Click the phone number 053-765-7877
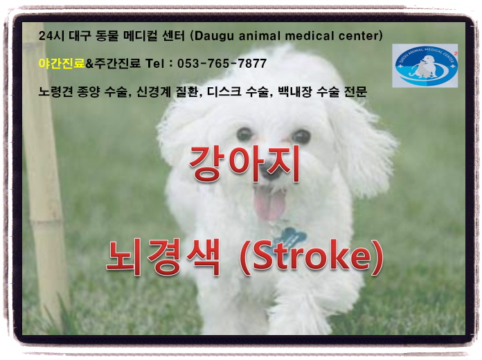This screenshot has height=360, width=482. pyautogui.click(x=222, y=64)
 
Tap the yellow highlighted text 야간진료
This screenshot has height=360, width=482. pyautogui.click(x=62, y=63)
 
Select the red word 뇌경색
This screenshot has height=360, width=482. pyautogui.click(x=163, y=257)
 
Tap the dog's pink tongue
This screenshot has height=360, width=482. pyautogui.click(x=270, y=204)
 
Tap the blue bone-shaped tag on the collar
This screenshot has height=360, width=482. pyautogui.click(x=289, y=239)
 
